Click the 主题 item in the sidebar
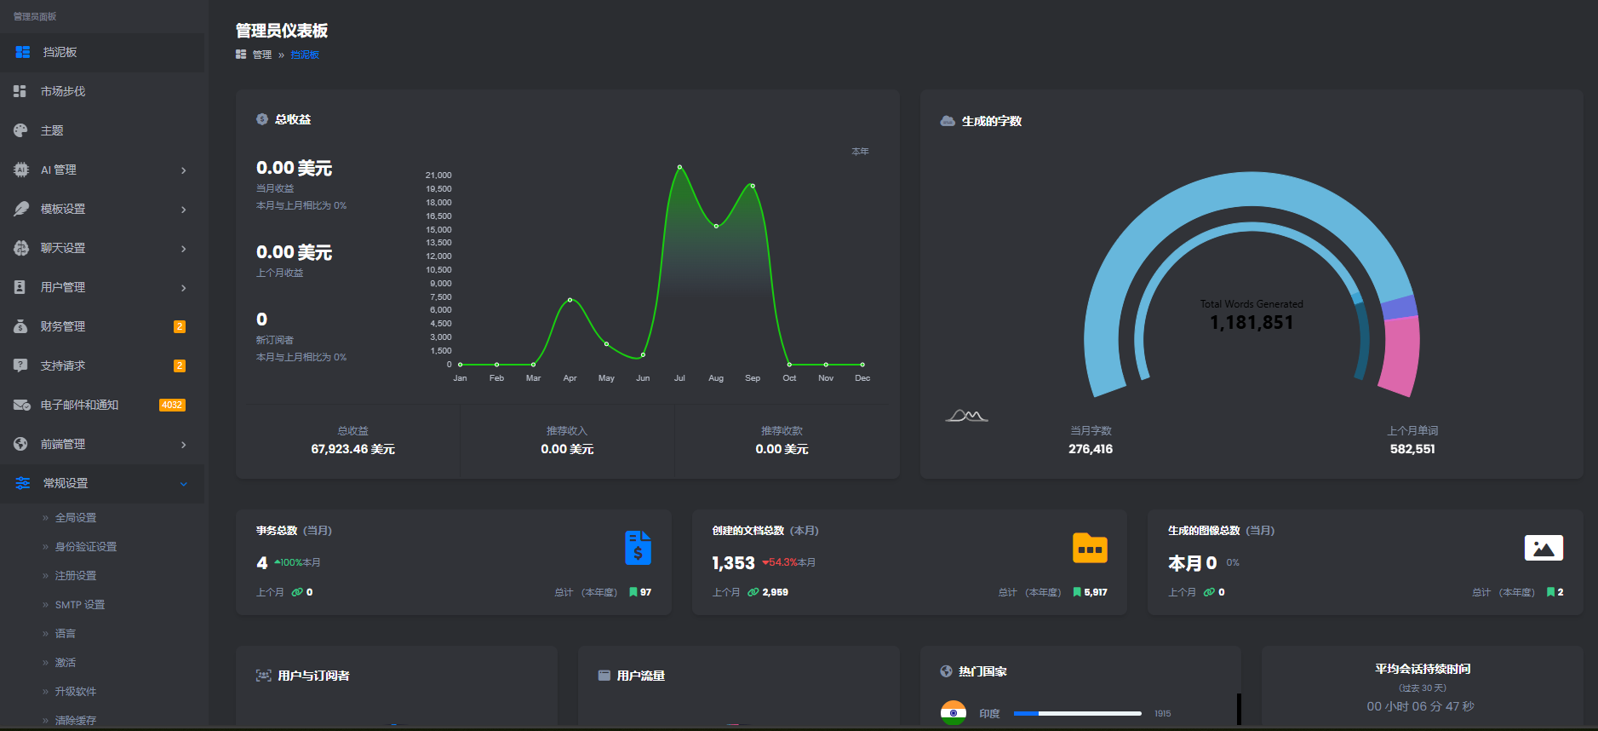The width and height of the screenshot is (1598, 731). coord(52,130)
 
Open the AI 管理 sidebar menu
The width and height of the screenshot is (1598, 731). coord(59,170)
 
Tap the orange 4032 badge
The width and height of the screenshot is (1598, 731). coord(172,405)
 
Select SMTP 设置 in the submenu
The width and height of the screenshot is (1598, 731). coord(80,605)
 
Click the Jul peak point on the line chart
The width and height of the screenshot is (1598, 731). coord(679,167)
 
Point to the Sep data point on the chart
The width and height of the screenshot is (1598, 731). coord(753,186)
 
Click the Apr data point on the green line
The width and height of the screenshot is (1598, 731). coord(570,300)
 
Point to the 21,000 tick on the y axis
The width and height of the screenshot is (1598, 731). coord(438,176)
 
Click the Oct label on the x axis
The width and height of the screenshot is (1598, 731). coord(789,378)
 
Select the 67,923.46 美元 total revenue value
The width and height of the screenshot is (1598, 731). coord(352,449)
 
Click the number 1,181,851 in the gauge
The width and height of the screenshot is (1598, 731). coord(1251,323)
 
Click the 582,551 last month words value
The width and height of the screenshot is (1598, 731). coord(1412,449)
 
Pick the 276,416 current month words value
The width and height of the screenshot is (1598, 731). coord(1091,449)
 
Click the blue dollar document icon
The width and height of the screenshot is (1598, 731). coord(638,548)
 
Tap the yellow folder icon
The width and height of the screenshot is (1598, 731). coord(1090,548)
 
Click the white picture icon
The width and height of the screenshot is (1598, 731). coord(1544,548)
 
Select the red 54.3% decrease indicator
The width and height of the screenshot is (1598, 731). coord(780,562)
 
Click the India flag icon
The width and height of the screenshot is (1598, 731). coord(954,712)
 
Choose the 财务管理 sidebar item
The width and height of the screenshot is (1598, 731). coord(63,326)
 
